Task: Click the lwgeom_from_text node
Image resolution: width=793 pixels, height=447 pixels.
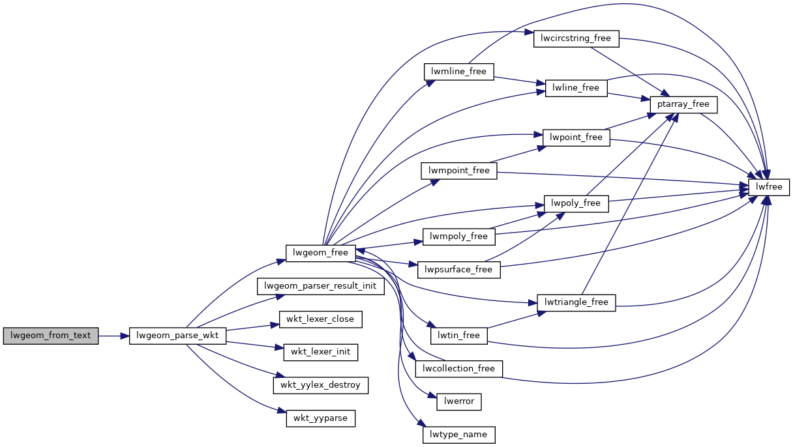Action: [x=50, y=336]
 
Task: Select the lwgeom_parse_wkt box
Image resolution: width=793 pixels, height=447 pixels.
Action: [x=177, y=336]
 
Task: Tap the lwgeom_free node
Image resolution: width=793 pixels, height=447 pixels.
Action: [x=321, y=252]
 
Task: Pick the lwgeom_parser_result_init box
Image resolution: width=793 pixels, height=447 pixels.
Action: [x=321, y=286]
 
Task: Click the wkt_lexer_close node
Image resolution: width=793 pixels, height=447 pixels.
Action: [x=320, y=319]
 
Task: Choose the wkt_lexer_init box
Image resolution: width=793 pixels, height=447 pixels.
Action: [x=320, y=352]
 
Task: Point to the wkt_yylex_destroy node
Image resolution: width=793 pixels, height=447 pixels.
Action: [x=320, y=384]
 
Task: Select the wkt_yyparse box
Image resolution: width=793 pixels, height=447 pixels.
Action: [x=320, y=418]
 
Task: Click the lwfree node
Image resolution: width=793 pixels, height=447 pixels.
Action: [x=770, y=188]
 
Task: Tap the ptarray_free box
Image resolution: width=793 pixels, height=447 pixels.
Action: [x=683, y=104]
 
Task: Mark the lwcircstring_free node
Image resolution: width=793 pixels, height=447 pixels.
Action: [x=576, y=38]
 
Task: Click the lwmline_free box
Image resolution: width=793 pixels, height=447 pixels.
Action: [x=459, y=71]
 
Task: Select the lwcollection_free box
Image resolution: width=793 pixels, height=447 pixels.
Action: [x=459, y=369]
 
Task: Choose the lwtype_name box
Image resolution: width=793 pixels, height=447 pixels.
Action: [x=459, y=434]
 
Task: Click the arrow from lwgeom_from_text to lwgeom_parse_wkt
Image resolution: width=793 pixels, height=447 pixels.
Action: [x=113, y=336]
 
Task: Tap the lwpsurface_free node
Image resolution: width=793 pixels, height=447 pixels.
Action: [x=458, y=269]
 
